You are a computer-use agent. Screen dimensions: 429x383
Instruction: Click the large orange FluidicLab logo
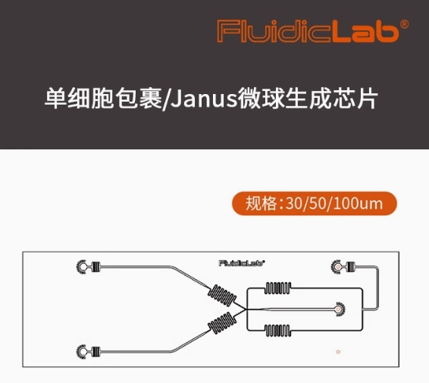click(308, 31)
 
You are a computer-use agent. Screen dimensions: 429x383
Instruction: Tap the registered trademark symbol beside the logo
click(404, 24)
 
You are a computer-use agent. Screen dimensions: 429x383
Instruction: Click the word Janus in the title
click(205, 99)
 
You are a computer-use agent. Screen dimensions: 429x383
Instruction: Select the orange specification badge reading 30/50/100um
click(315, 203)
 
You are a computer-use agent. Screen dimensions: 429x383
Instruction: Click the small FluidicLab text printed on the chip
click(242, 263)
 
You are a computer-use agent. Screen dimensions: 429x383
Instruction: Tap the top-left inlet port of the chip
click(81, 266)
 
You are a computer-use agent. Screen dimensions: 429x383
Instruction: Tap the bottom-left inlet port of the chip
click(81, 351)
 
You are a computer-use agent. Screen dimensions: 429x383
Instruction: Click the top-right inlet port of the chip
click(337, 266)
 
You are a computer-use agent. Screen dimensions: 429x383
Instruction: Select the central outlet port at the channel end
click(340, 309)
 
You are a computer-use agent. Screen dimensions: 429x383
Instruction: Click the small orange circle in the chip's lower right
click(338, 352)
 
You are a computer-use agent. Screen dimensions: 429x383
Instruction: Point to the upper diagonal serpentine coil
click(222, 296)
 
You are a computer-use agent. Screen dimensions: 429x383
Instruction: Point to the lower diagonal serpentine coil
click(222, 323)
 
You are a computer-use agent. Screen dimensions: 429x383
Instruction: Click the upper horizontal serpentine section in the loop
click(277, 288)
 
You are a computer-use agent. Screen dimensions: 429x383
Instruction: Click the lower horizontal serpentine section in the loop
click(277, 331)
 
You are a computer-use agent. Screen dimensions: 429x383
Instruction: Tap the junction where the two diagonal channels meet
click(246, 309)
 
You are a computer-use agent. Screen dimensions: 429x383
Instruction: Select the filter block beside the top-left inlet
click(96, 266)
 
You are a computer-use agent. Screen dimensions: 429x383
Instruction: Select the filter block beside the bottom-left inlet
click(96, 351)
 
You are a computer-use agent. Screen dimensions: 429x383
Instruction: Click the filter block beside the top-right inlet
click(351, 266)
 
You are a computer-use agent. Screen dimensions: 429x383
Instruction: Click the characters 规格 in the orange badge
click(261, 203)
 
